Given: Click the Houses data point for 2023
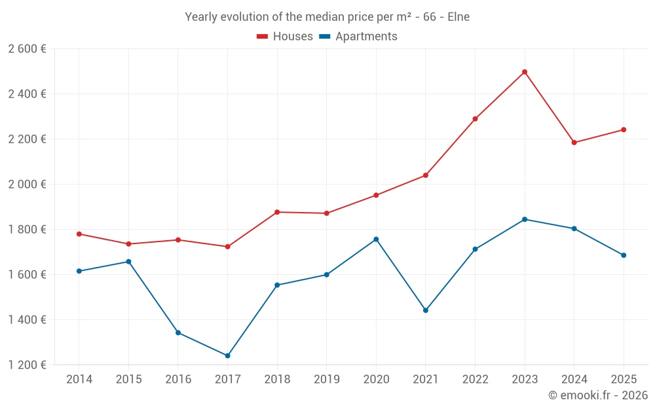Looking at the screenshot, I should (x=525, y=72).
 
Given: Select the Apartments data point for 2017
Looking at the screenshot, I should (x=227, y=356).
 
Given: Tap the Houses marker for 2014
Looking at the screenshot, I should (x=79, y=234).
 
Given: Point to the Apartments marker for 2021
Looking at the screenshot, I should (x=426, y=310).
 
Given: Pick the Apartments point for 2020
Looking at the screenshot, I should (x=376, y=240).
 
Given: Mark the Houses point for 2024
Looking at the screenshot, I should (x=574, y=143).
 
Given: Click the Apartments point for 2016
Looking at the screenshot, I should (x=178, y=332).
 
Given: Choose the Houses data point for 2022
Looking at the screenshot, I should (x=475, y=119).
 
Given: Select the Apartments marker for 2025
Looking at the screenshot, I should (x=624, y=255).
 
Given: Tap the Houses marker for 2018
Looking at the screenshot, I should (x=277, y=212).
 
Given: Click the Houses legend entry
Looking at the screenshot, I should (x=285, y=37).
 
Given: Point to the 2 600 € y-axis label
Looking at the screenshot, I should (x=27, y=49).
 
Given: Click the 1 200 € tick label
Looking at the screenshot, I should (x=27, y=365).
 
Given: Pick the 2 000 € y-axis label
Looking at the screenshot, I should (x=27, y=185).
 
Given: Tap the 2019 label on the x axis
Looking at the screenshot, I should (x=326, y=380).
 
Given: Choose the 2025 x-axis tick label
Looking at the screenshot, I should (x=624, y=380).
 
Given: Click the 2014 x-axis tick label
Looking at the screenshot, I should (x=79, y=380).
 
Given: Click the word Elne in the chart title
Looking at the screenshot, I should (x=458, y=17).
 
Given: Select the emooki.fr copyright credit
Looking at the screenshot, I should (x=598, y=395).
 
